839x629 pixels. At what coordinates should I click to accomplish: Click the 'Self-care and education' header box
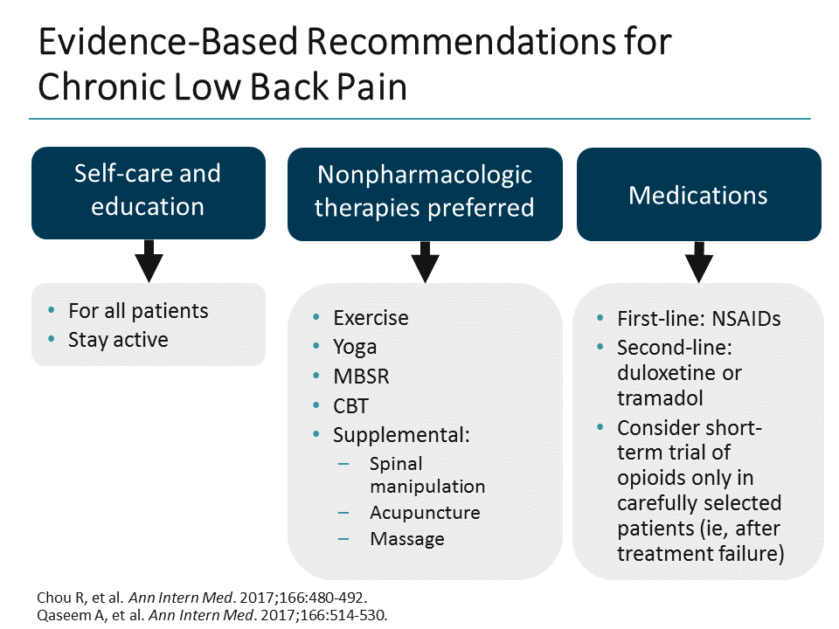[148, 192]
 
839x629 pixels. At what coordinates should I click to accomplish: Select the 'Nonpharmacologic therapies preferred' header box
[424, 192]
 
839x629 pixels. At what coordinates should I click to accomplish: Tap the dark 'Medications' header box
[698, 194]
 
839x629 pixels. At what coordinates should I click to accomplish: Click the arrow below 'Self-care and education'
[148, 260]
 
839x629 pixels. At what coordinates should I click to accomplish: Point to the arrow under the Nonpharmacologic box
[424, 261]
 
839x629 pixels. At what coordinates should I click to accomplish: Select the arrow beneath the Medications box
[698, 261]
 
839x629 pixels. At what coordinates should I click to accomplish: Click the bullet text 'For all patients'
[138, 311]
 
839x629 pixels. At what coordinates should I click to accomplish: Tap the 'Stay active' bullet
[118, 339]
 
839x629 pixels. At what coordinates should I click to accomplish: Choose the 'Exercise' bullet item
[371, 317]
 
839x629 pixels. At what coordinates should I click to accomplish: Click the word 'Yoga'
[355, 347]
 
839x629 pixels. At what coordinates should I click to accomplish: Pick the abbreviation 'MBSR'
[360, 377]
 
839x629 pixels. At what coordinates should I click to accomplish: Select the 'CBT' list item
[350, 406]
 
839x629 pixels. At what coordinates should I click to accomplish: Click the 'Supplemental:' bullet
[401, 435]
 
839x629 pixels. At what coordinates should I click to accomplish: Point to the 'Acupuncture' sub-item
[425, 513]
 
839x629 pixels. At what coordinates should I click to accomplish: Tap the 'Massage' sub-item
[406, 539]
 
